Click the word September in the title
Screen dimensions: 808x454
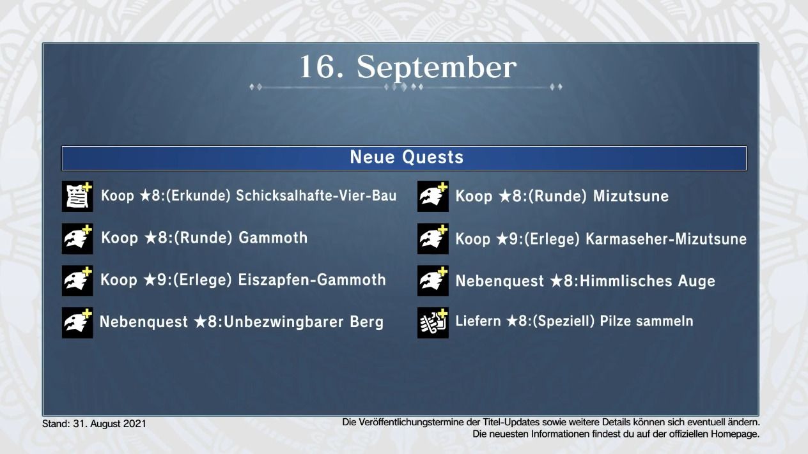(437, 68)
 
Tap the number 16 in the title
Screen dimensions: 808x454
(316, 66)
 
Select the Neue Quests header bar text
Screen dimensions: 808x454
(407, 157)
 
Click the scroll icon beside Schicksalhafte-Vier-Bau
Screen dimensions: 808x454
(77, 196)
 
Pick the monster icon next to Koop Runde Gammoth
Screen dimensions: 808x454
(77, 239)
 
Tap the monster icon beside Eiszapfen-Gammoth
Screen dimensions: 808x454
(77, 281)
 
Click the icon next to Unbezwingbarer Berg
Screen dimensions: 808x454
(77, 322)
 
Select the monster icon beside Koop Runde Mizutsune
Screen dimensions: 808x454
(433, 196)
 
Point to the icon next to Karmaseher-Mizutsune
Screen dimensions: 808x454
(433, 239)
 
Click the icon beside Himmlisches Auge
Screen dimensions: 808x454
(433, 281)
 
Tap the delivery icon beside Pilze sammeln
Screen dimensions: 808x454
(433, 322)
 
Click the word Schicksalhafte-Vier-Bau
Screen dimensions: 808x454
(316, 195)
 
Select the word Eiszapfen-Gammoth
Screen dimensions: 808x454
(312, 280)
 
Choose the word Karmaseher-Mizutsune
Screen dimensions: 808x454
(666, 239)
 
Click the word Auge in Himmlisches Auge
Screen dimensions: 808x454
(697, 281)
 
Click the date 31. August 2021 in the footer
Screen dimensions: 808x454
(110, 424)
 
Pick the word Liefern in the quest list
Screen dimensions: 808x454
(478, 321)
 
